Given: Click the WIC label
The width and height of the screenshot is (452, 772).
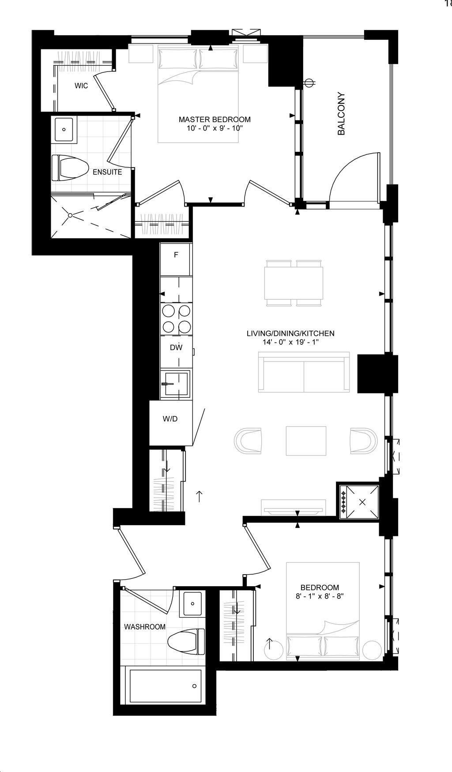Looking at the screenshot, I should [x=81, y=86].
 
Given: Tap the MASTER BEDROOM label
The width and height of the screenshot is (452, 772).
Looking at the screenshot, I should [x=215, y=119].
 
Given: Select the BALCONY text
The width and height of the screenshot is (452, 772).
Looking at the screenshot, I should [x=341, y=113].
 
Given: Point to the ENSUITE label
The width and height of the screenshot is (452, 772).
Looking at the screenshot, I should [x=107, y=172].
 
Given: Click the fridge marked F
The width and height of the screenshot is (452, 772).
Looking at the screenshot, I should [x=176, y=255].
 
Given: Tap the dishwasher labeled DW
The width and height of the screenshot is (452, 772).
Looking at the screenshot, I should [x=176, y=347].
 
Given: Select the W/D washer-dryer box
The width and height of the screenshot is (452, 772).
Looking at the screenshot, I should [x=170, y=419].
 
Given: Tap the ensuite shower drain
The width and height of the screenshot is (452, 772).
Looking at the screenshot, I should [x=70, y=215].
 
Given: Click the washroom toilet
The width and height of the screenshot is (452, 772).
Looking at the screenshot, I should [x=187, y=642].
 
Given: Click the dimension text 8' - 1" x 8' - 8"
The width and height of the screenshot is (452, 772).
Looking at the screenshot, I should [x=320, y=596].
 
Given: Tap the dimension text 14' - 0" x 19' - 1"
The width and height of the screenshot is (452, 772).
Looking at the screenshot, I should [x=290, y=342].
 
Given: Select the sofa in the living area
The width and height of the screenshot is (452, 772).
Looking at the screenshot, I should [x=304, y=372].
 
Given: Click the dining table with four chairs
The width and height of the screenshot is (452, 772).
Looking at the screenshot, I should [x=294, y=283].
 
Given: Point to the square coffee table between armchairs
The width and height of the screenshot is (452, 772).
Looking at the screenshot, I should [x=306, y=441].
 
